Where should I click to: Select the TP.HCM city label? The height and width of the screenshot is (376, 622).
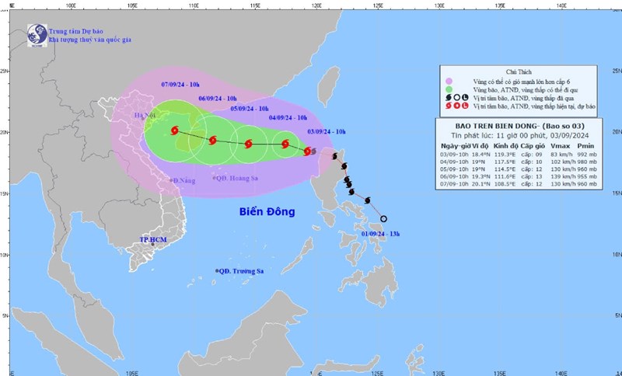pyautogui.click(x=154, y=240)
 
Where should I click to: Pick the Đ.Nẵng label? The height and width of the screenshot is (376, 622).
pyautogui.click(x=184, y=179)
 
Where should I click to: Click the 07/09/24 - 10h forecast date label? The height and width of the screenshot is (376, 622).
pyautogui.click(x=180, y=83)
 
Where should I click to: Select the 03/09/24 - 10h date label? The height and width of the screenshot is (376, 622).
pyautogui.click(x=327, y=132)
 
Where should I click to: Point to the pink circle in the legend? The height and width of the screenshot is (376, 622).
pyautogui.click(x=449, y=82)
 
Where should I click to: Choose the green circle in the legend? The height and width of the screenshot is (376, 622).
pyautogui.click(x=449, y=91)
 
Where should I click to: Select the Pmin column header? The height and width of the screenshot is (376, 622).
pyautogui.click(x=585, y=145)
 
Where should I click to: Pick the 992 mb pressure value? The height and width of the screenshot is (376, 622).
pyautogui.click(x=585, y=154)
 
